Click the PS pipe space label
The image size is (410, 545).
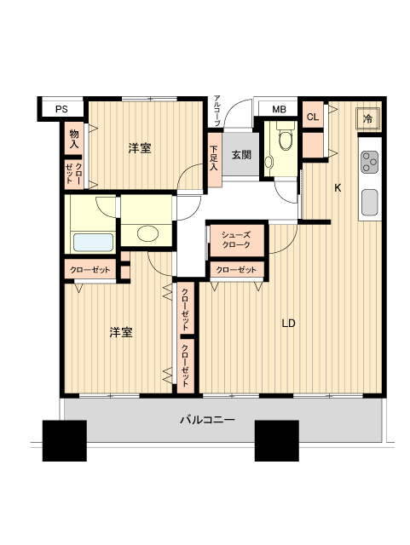point(61,109)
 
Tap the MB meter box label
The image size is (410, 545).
point(279,110)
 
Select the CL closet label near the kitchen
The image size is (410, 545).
point(313,117)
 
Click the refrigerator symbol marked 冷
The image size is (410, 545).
point(367,119)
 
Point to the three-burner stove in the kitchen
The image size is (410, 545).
point(369,162)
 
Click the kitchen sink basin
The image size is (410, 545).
point(369,203)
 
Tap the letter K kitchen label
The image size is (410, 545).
point(338,188)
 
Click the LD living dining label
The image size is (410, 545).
point(288,324)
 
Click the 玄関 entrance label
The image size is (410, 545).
point(241,155)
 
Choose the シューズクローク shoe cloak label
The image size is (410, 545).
point(236,240)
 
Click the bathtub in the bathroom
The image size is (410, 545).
point(93,242)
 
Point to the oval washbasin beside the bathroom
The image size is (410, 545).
point(147,233)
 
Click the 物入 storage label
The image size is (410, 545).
point(74,139)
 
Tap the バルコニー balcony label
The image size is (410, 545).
point(207,420)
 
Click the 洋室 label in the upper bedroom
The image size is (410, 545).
point(140,148)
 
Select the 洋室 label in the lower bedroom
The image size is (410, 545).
point(121,332)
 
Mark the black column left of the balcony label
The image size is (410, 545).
point(65,441)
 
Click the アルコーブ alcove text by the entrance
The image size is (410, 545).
point(217,111)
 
